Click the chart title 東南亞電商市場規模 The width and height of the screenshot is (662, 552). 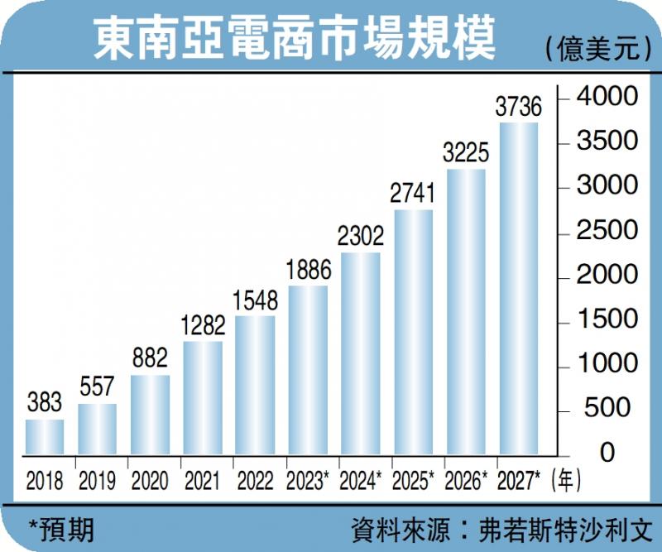[295, 40]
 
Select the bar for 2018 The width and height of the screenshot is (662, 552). [45, 437]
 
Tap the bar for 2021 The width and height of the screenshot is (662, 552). [203, 398]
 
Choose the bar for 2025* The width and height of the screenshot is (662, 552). [413, 332]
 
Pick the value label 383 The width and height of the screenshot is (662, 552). [45, 403]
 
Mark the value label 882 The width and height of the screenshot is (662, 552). [150, 358]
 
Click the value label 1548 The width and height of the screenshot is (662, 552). [255, 300]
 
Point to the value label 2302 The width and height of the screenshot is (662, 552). [361, 236]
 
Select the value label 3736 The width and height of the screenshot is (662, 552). [518, 107]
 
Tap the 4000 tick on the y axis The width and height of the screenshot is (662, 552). [608, 97]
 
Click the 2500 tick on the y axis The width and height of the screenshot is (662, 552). [608, 231]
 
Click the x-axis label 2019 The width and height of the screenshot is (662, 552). [97, 481]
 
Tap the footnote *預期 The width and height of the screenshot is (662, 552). [60, 527]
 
